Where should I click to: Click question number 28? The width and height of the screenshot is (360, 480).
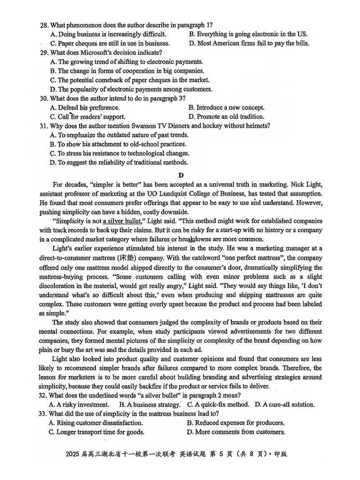(x=44, y=25)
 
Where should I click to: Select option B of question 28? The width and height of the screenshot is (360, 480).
(x=248, y=34)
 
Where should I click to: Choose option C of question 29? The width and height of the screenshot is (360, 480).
(x=130, y=80)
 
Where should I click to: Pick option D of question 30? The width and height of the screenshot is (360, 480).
(x=226, y=117)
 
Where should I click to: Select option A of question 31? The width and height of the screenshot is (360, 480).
(x=119, y=135)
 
